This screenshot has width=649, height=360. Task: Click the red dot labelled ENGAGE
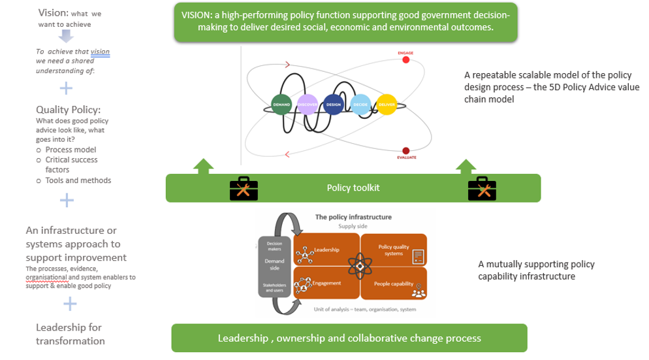[405, 60]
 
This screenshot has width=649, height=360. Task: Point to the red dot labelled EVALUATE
[405, 150]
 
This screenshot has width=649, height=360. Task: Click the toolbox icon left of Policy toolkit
[244, 188]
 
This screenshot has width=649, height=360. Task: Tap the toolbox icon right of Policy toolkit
[484, 188]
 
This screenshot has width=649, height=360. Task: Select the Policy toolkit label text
[353, 188]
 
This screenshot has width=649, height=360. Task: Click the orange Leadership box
[326, 250]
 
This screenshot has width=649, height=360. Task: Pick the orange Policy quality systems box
[394, 250]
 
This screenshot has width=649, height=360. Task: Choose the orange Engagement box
[326, 284]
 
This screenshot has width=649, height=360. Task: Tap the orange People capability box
[394, 284]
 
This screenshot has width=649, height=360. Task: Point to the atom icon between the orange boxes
[360, 267]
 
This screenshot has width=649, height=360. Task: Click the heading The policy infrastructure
[353, 216]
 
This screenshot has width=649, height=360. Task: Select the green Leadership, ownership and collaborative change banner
[349, 338]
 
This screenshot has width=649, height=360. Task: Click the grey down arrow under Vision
[63, 36]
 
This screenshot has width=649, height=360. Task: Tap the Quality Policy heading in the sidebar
[69, 110]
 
